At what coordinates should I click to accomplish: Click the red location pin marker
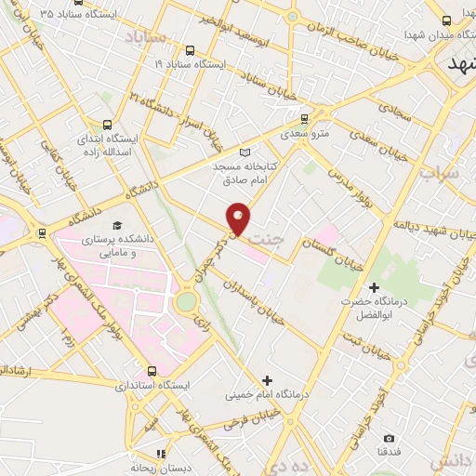pyautogui.click(x=239, y=217)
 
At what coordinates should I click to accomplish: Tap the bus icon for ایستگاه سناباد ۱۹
pyautogui.click(x=190, y=50)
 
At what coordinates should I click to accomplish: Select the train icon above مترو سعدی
pyautogui.click(x=304, y=118)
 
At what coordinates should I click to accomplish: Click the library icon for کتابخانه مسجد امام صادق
pyautogui.click(x=245, y=152)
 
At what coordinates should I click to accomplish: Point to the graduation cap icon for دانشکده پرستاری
pyautogui.click(x=117, y=226)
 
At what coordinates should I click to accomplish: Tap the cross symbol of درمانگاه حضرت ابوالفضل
pyautogui.click(x=375, y=287)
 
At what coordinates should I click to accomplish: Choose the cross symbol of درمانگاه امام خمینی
pyautogui.click(x=267, y=379)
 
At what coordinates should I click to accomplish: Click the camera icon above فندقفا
pyautogui.click(x=389, y=438)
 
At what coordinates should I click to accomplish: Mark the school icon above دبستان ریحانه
pyautogui.click(x=161, y=455)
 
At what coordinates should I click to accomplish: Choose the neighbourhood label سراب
pyautogui.click(x=440, y=174)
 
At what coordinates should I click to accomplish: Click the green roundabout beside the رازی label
pyautogui.click(x=187, y=301)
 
